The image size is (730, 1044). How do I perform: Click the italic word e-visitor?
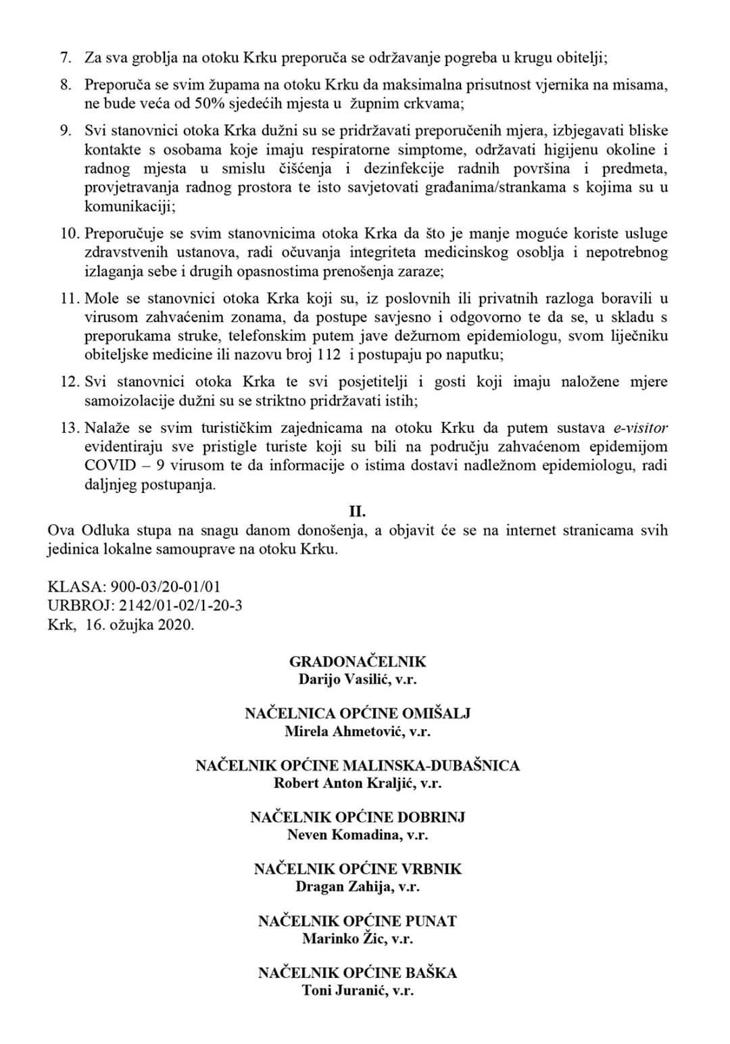click(640, 428)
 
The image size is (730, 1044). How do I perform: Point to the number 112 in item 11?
click(328, 355)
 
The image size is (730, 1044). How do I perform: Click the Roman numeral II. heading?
click(358, 512)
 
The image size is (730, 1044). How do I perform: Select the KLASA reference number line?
click(134, 588)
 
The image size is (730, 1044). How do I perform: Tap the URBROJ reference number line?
click(145, 606)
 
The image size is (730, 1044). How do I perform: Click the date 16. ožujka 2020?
click(139, 625)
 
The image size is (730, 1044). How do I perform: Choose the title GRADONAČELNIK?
click(358, 662)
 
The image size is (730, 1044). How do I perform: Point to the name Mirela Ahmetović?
click(342, 731)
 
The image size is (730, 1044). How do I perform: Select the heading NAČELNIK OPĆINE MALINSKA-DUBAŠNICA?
click(358, 766)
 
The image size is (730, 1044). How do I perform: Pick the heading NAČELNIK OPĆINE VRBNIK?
click(358, 869)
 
